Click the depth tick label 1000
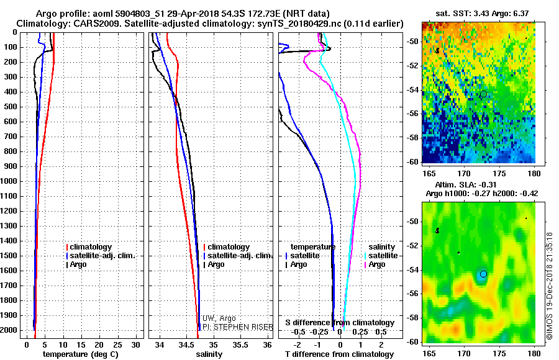click(9, 181)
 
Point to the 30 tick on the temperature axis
click(136, 344)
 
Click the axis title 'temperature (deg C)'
click(80, 354)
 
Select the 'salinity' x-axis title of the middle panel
click(210, 354)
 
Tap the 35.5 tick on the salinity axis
click(240, 344)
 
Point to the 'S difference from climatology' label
click(339, 323)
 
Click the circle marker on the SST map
click(483, 94)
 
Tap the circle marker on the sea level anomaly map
click(483, 274)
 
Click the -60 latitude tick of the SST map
click(412, 161)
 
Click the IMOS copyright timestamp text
click(549, 286)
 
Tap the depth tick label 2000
click(9, 330)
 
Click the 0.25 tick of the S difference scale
click(361, 332)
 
